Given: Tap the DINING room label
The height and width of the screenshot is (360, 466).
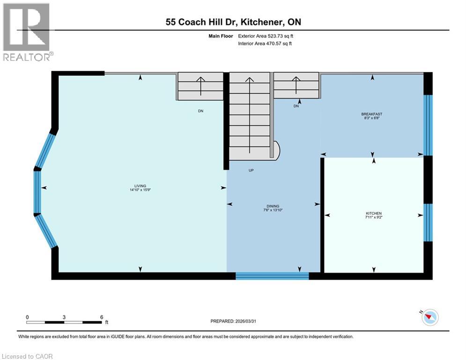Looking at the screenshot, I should coord(273,206).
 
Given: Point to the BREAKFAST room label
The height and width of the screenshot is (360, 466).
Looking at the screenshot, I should coord(372,114).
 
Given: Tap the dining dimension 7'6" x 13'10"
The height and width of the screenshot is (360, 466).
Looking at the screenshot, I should coord(273,210).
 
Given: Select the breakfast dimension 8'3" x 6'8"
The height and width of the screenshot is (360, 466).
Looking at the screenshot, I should coord(372,118).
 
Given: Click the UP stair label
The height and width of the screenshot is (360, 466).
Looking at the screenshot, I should coord(251,170).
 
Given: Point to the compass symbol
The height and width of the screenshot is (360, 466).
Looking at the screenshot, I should coord(430,317).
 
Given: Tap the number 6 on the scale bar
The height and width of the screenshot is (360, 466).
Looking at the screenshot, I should coord(102,317).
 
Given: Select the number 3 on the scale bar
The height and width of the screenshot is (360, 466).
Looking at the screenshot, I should coord(64,317).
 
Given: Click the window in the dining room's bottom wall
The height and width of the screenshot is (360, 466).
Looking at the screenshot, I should coord(272,276).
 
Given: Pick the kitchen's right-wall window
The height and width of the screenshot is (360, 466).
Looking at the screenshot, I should coord(428,222).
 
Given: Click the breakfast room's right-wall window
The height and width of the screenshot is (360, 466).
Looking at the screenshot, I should coord(428,125).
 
